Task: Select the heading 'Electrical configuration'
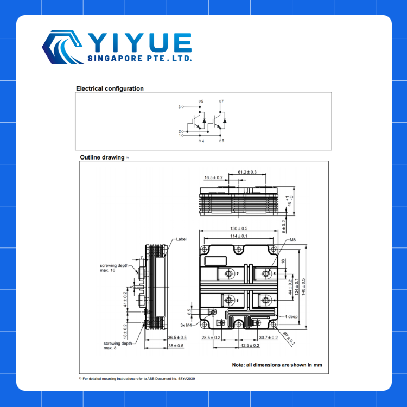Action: click(110, 88)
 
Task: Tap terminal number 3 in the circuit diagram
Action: click(180, 107)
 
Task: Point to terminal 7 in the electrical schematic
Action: click(222, 101)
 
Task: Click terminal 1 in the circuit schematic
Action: click(180, 135)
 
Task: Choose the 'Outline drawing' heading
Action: click(102, 157)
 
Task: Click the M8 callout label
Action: click(292, 239)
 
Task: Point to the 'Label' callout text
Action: click(181, 239)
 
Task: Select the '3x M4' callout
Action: click(186, 325)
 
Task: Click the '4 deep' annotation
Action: click(291, 316)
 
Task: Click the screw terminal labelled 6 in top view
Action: click(230, 300)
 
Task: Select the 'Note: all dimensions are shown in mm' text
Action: click(277, 365)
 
